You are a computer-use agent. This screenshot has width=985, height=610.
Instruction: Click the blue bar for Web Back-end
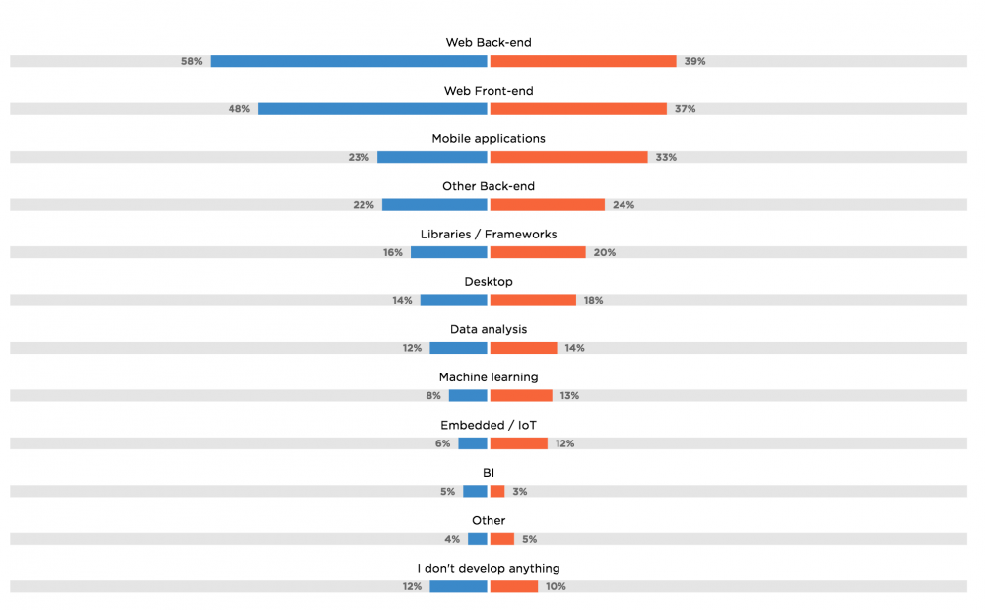pos(349,61)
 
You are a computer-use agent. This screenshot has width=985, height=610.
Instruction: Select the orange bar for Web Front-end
pos(578,109)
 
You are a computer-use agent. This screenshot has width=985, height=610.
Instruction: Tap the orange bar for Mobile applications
pos(568,157)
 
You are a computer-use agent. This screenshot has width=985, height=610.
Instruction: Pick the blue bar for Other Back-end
pos(434,205)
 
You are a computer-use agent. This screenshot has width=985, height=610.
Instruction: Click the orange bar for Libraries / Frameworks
pos(538,252)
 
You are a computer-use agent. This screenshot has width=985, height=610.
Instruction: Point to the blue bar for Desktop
pos(453,301)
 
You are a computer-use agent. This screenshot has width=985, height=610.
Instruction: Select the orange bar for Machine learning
pos(521,396)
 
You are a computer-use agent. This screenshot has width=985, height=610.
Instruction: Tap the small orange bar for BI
pos(497,492)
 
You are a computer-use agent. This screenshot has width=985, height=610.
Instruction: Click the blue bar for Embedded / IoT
pos(473,443)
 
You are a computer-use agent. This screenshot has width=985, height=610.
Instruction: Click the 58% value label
pos(191,61)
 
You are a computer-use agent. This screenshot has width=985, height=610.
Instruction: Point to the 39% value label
pos(694,61)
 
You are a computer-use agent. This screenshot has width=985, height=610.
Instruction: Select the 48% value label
pos(238,109)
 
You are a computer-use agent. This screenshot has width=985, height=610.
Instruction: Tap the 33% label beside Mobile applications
pos(666,157)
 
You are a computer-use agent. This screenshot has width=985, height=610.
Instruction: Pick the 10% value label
pos(556,587)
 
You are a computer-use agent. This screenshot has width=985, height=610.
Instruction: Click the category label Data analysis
pos(489,329)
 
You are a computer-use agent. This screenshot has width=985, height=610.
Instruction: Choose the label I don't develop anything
pos(489,569)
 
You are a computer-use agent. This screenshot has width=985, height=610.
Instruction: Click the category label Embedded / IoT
pos(489,425)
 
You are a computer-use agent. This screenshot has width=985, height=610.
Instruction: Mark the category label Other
pos(489,520)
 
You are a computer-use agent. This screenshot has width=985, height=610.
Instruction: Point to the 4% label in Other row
pos(452,539)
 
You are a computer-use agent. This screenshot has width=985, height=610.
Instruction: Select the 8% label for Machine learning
pos(433,396)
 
